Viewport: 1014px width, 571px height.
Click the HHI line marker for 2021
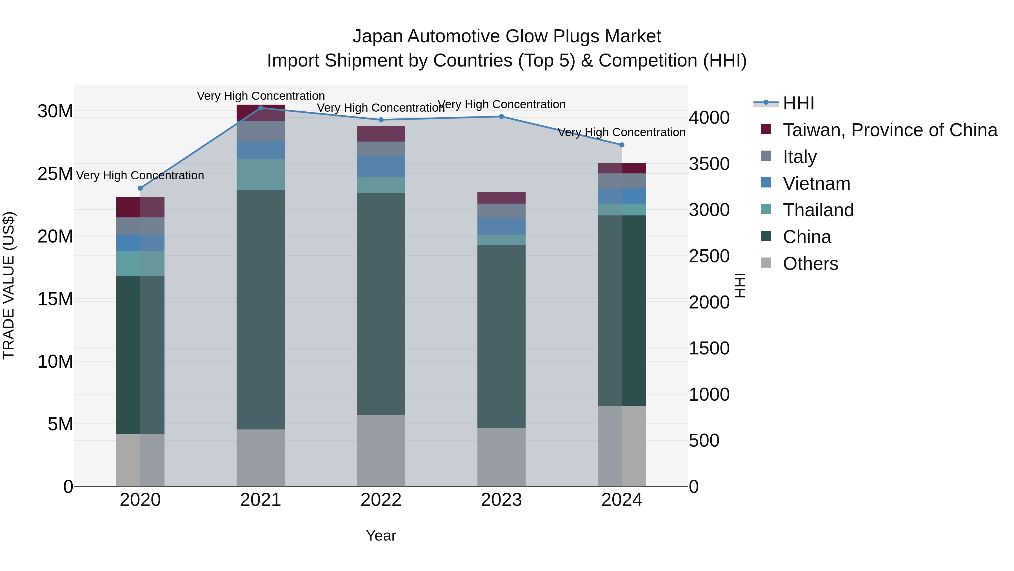tap(261, 108)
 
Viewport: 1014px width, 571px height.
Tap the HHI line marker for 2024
tap(622, 145)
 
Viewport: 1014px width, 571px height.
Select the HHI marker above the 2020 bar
tap(140, 188)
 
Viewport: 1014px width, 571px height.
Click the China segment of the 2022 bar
tap(381, 303)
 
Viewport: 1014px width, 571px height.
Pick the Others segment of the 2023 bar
tap(501, 457)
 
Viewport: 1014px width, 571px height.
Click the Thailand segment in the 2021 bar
tap(261, 175)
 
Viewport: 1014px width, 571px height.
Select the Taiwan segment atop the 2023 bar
tap(501, 198)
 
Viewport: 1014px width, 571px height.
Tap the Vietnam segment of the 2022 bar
tap(381, 166)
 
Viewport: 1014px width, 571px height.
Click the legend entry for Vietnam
tap(816, 184)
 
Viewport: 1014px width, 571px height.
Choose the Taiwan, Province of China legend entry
tap(890, 130)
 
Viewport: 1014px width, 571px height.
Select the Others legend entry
tap(810, 264)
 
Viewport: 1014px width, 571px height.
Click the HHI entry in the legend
tap(798, 103)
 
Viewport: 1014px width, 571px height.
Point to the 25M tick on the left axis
tap(55, 174)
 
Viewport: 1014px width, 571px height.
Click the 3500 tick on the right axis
tap(709, 164)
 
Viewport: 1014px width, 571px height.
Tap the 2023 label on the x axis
tap(501, 500)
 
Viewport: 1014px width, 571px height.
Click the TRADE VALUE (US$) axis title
tap(9, 285)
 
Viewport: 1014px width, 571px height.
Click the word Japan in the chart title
tap(377, 36)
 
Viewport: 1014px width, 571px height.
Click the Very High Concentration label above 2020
tap(140, 175)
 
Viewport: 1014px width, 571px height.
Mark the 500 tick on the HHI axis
tap(704, 440)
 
